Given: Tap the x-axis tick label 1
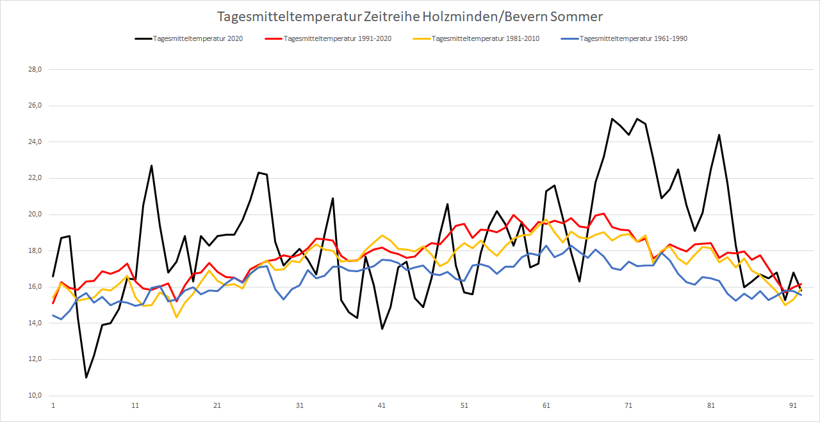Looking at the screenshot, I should click(x=53, y=405).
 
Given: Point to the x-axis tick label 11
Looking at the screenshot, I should click(x=135, y=405).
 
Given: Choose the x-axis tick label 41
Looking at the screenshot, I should click(x=382, y=405).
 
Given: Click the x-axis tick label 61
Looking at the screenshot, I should click(x=546, y=405).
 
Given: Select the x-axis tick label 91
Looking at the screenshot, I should click(x=793, y=405).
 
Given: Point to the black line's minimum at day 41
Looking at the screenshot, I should click(x=382, y=329).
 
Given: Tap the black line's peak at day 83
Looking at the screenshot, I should click(x=719, y=135).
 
